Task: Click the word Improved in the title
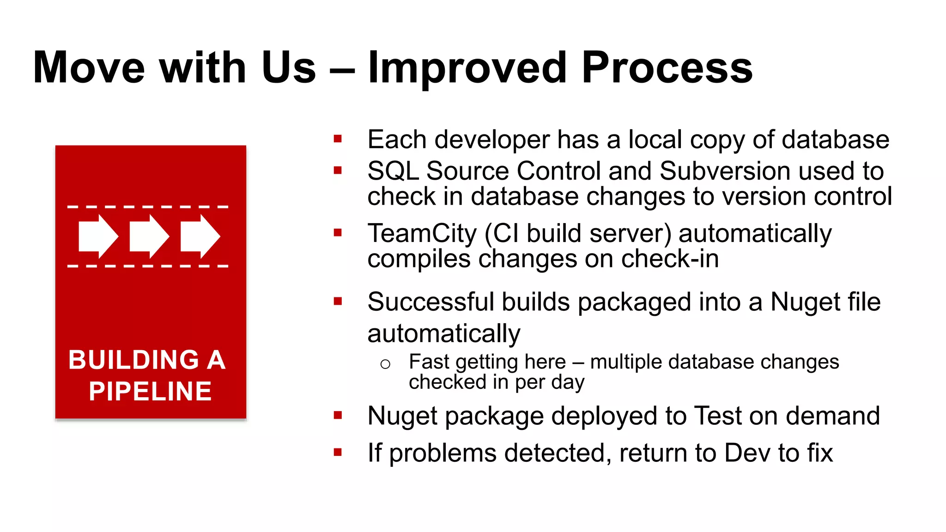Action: pos(467,68)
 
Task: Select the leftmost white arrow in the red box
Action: pos(98,236)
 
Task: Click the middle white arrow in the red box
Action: pos(149,236)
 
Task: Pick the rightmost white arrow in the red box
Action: pos(200,236)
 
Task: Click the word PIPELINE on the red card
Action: pos(150,392)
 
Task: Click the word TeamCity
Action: pos(422,233)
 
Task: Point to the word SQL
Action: pos(393,171)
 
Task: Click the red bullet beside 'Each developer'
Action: pos(338,139)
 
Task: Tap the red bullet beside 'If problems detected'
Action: pos(338,452)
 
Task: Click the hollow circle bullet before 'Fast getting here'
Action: pos(385,364)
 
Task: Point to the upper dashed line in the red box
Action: pos(148,207)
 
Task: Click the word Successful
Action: pos(431,302)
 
